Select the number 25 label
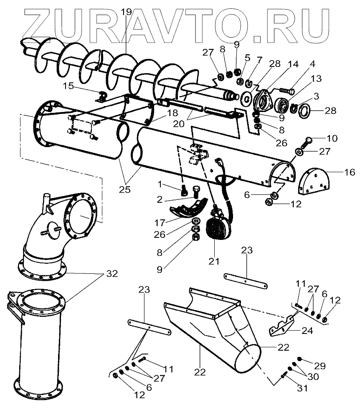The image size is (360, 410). click(x=124, y=189)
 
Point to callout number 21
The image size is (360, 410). click(x=214, y=261)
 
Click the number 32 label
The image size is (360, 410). click(x=112, y=274)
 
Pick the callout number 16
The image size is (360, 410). click(x=349, y=172)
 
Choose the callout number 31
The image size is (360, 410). click(x=302, y=388)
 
